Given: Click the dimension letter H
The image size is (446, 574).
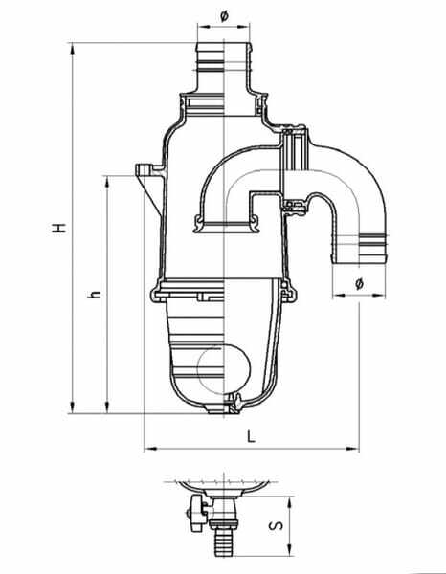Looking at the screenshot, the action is point(58,228).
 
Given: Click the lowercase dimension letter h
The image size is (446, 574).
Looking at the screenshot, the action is point(94,294).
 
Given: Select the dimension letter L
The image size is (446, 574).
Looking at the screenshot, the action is point(251,436).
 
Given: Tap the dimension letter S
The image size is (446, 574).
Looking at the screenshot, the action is point(277,525).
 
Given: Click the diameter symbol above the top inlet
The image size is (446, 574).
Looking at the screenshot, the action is point(224,16).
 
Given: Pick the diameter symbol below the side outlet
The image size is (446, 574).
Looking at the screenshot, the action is point(359,283).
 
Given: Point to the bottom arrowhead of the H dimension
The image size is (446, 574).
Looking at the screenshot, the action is point(72,408).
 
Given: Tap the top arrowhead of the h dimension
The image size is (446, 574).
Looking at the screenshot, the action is point(107,182).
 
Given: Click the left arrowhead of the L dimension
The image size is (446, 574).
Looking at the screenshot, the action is point(151,448).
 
